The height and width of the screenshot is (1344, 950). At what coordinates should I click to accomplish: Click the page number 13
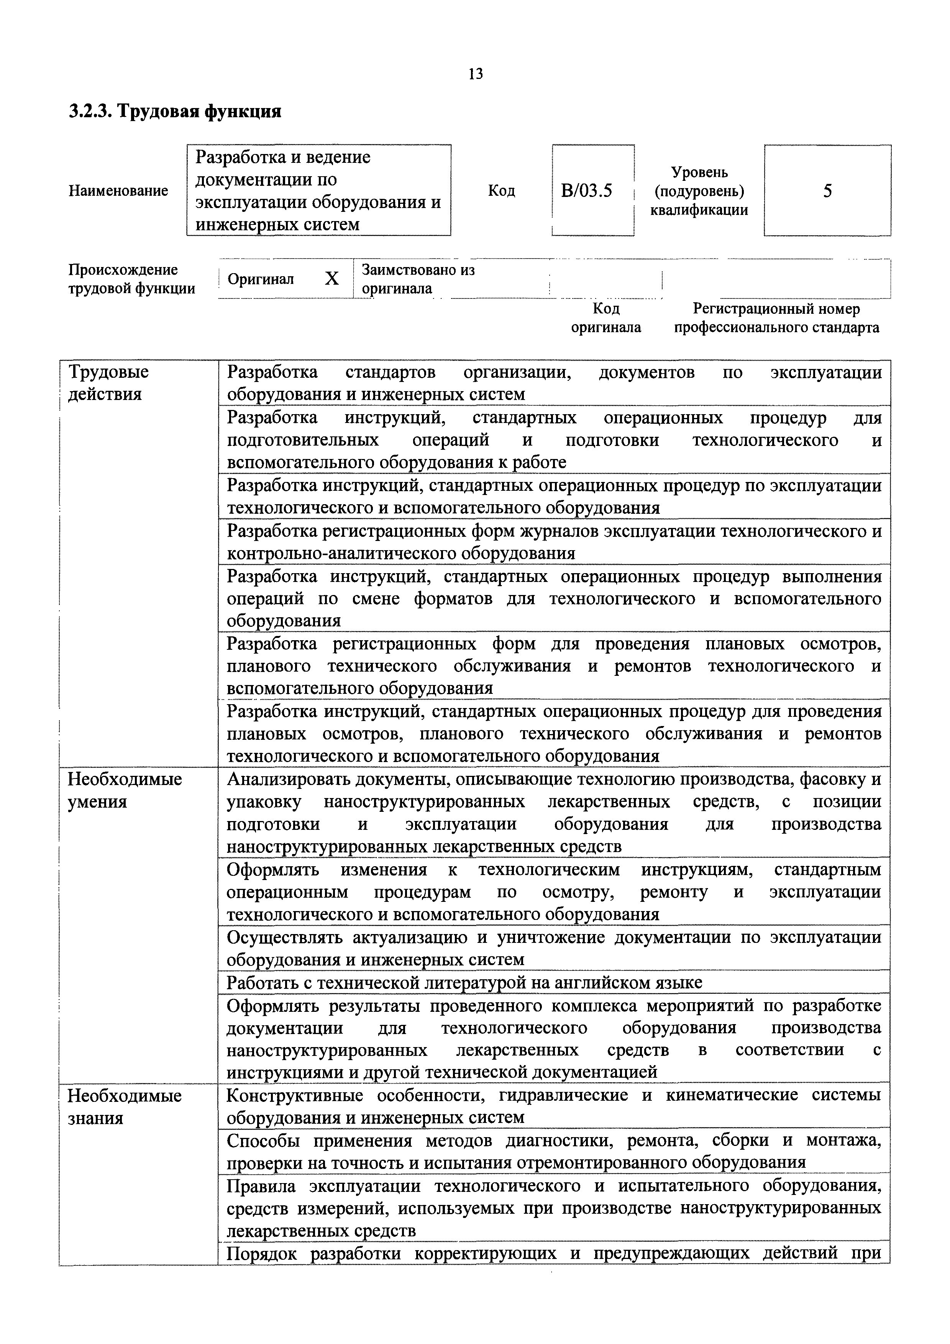click(475, 74)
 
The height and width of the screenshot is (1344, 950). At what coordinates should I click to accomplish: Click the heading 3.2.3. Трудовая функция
click(175, 111)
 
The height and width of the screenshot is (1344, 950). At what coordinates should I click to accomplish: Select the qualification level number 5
click(827, 191)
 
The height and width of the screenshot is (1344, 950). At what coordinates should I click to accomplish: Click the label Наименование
click(118, 191)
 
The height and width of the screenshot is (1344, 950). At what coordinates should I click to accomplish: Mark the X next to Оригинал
click(331, 279)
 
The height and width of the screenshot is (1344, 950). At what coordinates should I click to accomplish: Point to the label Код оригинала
click(606, 318)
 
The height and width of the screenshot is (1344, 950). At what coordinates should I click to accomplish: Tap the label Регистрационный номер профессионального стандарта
click(776, 318)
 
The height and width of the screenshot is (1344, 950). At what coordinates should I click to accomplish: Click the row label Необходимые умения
click(125, 790)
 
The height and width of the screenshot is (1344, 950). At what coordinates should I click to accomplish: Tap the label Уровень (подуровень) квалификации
click(699, 191)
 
